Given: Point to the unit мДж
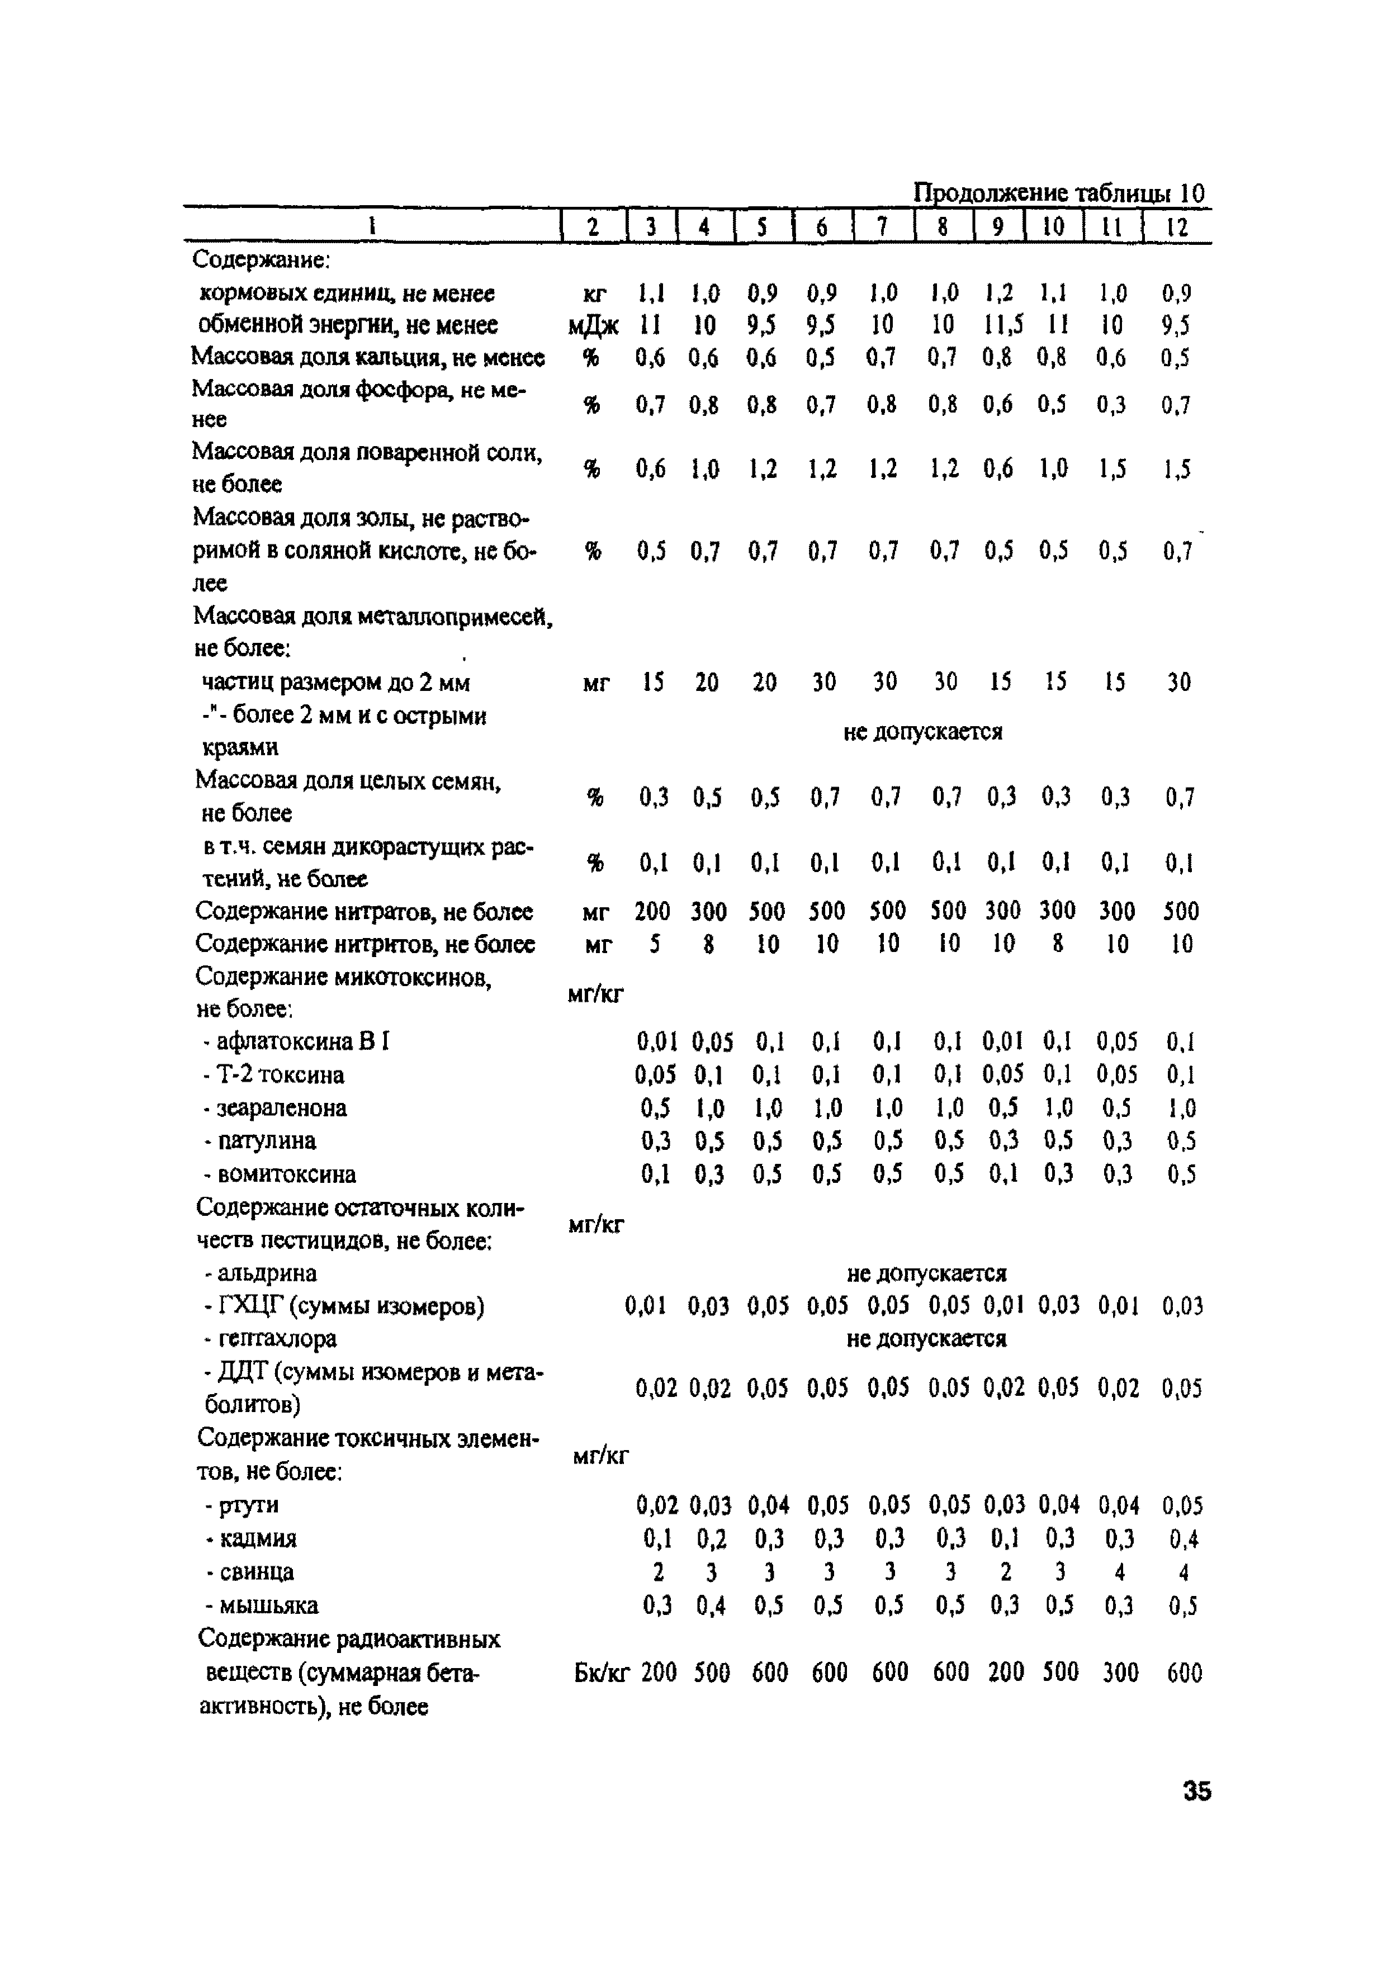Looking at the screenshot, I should pos(593,325).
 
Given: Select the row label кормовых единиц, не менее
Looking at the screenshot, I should pos(347,294).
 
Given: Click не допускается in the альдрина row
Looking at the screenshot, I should pos(926,1273).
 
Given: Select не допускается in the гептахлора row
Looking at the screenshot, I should pos(926,1338).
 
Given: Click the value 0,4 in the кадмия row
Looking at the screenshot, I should pos(1183,1539).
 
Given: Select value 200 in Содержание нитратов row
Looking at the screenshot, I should pos(652,911).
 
